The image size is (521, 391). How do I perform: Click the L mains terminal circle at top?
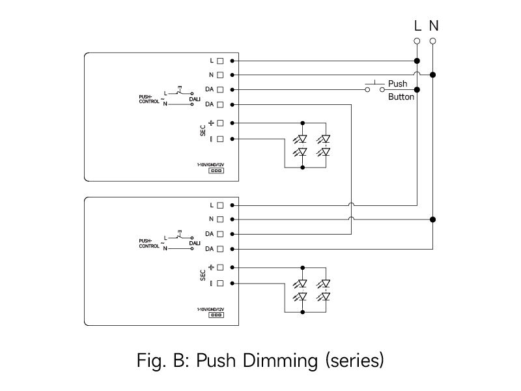[x=417, y=41]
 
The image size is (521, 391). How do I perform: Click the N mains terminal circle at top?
[x=432, y=41]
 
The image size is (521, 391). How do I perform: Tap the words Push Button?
[x=401, y=90]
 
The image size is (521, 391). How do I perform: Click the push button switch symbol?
[x=375, y=87]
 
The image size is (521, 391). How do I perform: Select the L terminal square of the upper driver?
[x=220, y=61]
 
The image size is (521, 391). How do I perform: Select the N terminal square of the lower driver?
[x=220, y=219]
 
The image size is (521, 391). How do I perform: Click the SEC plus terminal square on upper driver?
[x=220, y=123]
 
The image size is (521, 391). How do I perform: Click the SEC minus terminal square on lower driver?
[x=220, y=283]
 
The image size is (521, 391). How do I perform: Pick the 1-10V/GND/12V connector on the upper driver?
[x=216, y=171]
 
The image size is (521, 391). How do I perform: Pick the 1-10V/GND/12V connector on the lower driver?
[x=216, y=315]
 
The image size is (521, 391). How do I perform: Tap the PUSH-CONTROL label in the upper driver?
[x=149, y=99]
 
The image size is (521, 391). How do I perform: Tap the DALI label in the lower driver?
[x=195, y=243]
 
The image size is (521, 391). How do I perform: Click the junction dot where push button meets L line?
[x=417, y=90]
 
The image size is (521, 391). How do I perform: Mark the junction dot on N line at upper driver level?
[x=432, y=75]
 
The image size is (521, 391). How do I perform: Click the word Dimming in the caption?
[x=280, y=361]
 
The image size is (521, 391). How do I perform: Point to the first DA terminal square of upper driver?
[x=220, y=89]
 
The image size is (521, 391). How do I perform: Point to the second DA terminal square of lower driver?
[x=220, y=249]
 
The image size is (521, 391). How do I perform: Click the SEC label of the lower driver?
[x=203, y=275]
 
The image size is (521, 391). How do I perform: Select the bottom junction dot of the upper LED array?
[x=302, y=167]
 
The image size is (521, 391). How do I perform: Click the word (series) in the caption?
[x=354, y=361]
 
